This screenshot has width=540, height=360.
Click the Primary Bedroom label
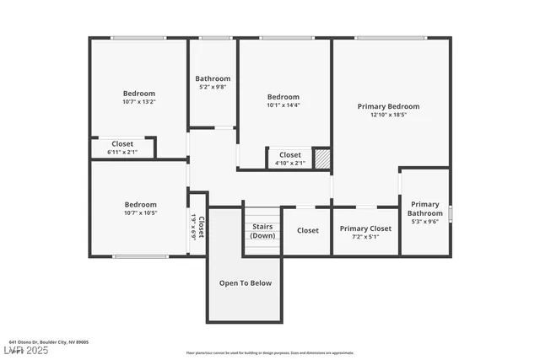point(388,106)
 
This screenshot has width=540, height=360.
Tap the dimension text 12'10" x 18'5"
point(388,116)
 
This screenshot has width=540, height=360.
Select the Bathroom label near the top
point(213,78)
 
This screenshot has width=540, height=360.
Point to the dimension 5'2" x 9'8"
point(213,87)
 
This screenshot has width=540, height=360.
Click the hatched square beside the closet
point(321,159)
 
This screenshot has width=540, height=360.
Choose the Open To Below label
point(246,283)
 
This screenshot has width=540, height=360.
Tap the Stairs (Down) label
point(262,231)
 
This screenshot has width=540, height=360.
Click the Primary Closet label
point(365,228)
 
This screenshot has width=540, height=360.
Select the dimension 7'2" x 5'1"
point(365,238)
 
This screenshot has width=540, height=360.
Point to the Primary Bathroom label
point(425,208)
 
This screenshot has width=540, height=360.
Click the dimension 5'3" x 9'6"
point(425,223)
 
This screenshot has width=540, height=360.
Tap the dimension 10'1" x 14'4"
point(283,105)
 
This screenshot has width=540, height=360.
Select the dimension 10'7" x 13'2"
point(139,102)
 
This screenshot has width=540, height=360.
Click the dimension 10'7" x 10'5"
point(140,213)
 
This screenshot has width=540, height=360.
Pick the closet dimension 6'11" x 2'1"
point(122,153)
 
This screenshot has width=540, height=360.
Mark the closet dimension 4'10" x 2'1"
point(289,164)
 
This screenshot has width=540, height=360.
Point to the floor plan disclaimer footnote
point(270,352)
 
